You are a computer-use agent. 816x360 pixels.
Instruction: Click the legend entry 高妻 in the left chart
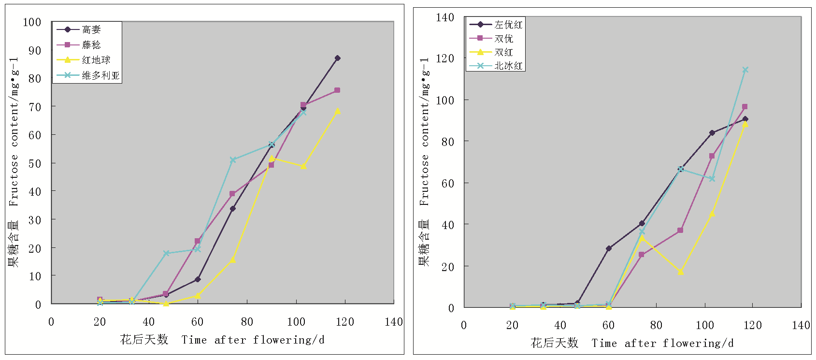click(91, 29)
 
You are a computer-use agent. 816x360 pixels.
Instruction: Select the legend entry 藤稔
click(91, 45)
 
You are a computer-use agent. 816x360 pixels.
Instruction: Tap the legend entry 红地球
click(96, 60)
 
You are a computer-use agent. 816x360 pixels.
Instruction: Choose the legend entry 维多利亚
click(100, 75)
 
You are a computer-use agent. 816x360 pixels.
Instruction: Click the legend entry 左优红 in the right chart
click(508, 25)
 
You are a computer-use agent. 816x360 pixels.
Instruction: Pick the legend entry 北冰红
click(508, 66)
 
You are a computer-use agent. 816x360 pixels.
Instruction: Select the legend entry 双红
click(503, 52)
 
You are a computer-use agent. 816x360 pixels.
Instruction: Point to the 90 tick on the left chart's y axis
click(35, 50)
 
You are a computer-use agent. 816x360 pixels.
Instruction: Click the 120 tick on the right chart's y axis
click(445, 58)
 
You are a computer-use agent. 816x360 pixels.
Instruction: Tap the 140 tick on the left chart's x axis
click(394, 322)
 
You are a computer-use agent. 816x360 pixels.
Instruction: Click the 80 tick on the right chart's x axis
click(656, 325)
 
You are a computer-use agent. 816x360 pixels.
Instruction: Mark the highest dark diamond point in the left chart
click(337, 58)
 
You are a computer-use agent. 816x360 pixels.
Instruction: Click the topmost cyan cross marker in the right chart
click(745, 70)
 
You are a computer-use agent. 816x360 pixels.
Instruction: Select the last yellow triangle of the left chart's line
click(337, 111)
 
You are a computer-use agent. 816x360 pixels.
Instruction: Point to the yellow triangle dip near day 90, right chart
click(680, 272)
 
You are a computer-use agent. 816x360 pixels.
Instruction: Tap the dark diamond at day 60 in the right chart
click(609, 248)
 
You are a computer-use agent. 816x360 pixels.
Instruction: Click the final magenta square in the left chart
click(337, 90)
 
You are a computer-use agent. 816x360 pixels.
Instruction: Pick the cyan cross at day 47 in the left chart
click(166, 253)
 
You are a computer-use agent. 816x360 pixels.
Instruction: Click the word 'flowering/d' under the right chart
click(698, 343)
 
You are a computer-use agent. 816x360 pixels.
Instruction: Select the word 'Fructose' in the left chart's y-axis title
click(14, 180)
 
